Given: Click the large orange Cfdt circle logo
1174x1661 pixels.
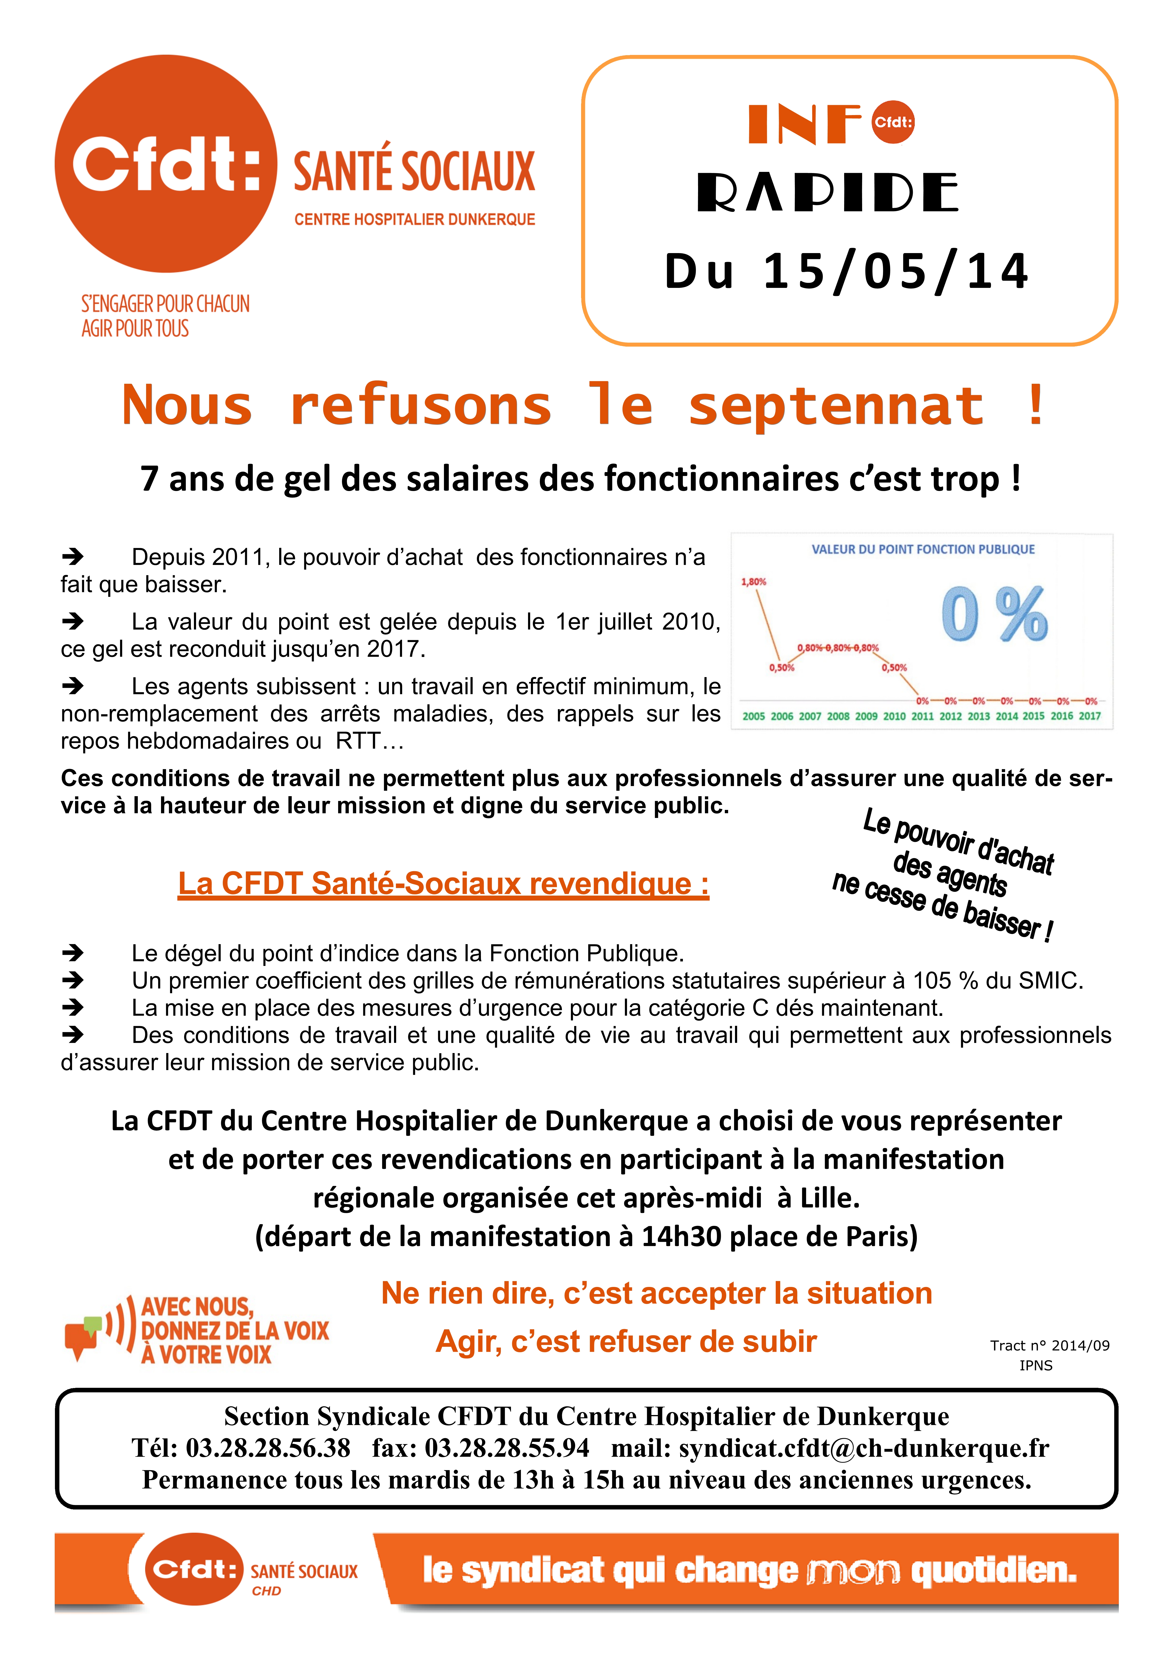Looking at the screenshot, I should tap(166, 164).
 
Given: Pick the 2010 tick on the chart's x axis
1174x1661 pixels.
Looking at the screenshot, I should tap(894, 716).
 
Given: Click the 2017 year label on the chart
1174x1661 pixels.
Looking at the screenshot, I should tap(1089, 716).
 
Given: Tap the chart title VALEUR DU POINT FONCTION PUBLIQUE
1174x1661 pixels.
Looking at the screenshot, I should tap(923, 549).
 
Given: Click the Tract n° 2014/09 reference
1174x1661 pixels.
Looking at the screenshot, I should tap(1050, 1345).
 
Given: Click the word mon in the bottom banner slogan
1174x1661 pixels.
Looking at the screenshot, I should tap(854, 1571).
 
